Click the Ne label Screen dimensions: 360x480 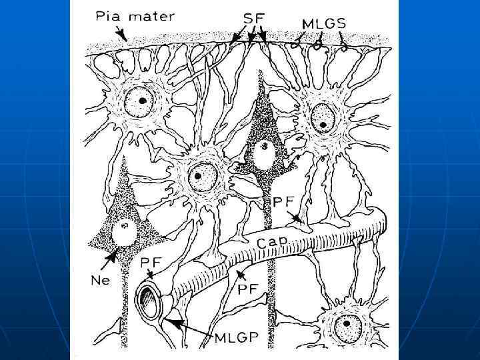tap(100, 281)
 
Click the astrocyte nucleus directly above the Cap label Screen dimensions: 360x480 tap(199, 177)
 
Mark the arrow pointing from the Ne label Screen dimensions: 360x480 tap(111, 259)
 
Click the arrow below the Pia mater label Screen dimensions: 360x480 tap(121, 33)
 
